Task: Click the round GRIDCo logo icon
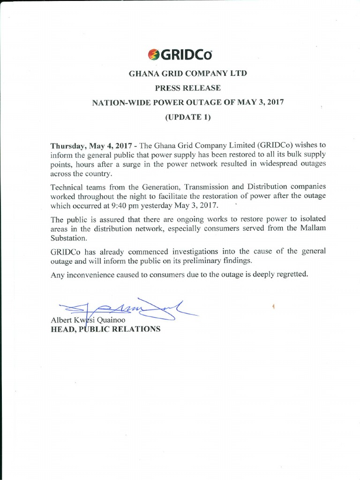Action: pyautogui.click(x=153, y=55)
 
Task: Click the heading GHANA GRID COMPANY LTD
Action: pyautogui.click(x=187, y=74)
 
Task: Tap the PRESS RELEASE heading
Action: pyautogui.click(x=187, y=88)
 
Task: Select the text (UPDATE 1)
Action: pyautogui.click(x=187, y=117)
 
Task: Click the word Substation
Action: pyautogui.click(x=68, y=237)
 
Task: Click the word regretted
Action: pyautogui.click(x=293, y=274)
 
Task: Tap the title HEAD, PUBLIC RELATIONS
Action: pyautogui.click(x=105, y=329)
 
